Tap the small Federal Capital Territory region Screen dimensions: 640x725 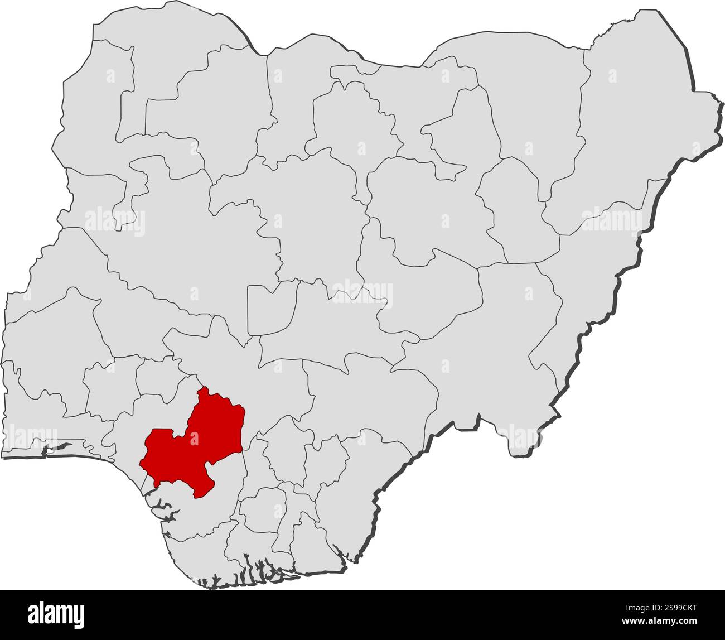(x=270, y=310)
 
